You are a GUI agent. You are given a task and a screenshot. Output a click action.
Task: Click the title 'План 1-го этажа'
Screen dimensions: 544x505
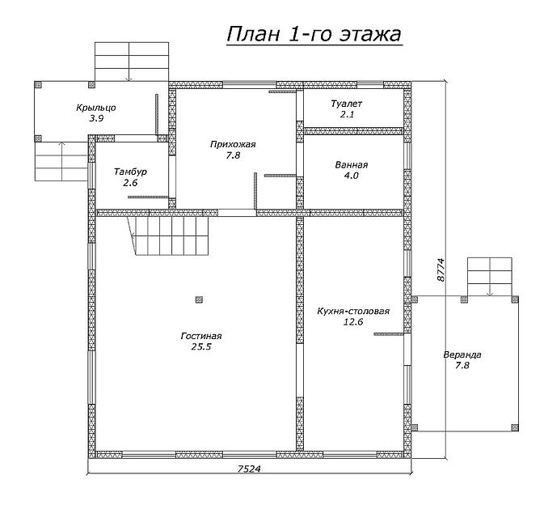(x=314, y=35)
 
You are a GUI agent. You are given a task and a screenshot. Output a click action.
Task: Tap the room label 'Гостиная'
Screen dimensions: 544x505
(x=201, y=336)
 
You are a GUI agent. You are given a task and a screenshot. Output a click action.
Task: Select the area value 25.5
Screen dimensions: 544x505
(x=201, y=346)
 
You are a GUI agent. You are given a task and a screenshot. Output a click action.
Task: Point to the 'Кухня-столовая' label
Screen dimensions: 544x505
(x=353, y=311)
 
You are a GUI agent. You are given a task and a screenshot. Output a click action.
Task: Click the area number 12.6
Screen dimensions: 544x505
(x=353, y=322)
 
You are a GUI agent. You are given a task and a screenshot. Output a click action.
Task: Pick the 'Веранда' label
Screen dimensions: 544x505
(x=462, y=354)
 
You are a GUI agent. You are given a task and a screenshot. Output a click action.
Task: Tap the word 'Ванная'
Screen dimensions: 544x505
(x=351, y=164)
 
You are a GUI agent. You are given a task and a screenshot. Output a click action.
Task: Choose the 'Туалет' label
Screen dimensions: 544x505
(x=347, y=104)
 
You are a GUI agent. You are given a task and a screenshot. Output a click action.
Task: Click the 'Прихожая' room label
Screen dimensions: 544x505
(x=233, y=144)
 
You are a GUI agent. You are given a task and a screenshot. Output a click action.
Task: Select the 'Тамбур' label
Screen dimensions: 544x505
(x=130, y=172)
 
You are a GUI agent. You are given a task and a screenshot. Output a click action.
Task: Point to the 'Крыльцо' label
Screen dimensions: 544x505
(x=96, y=108)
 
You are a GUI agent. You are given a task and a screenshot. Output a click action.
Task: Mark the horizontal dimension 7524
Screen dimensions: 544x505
(x=249, y=469)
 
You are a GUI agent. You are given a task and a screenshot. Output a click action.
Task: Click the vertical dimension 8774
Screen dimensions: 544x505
(x=441, y=269)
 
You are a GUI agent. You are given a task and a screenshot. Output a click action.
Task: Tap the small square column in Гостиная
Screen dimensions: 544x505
(x=199, y=299)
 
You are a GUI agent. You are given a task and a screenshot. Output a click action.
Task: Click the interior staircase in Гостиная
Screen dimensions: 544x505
(x=168, y=236)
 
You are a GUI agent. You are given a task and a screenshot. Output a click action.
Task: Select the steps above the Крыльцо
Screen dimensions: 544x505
(x=132, y=62)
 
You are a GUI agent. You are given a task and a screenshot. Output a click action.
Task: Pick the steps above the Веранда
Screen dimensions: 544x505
(x=490, y=277)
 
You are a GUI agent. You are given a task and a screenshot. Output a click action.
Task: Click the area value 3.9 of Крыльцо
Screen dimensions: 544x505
(x=96, y=118)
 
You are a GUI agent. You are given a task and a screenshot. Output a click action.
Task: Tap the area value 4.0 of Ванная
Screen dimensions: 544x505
(x=351, y=176)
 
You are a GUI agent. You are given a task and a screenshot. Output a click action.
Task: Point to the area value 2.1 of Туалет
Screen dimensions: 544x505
(x=347, y=114)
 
